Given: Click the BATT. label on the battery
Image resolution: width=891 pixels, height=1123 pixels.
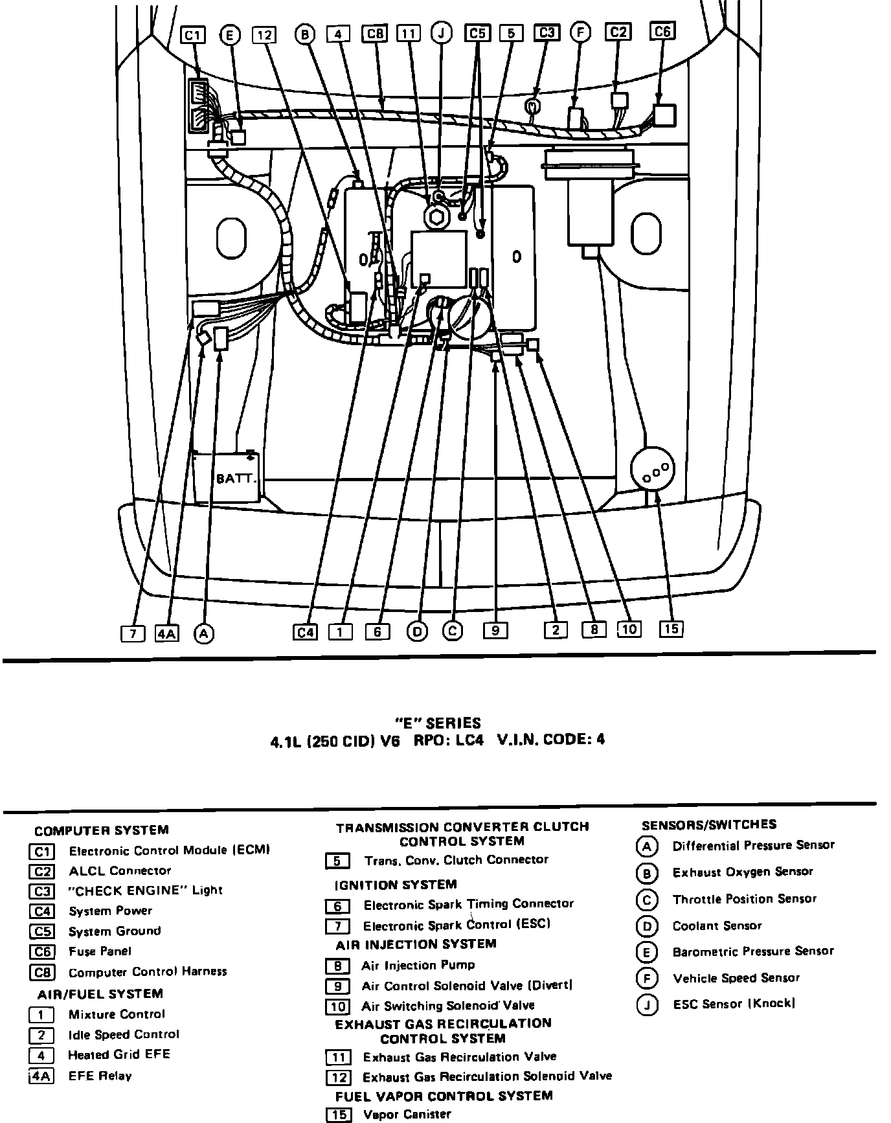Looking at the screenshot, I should (x=236, y=479).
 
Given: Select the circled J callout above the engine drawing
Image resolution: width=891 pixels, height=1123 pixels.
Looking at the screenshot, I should (x=442, y=33).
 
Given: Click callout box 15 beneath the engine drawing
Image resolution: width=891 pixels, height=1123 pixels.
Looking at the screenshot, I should (x=671, y=628).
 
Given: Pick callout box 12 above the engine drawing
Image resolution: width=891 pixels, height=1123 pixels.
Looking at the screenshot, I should (x=264, y=34).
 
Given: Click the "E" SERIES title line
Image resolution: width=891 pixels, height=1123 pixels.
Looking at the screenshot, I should (x=438, y=723).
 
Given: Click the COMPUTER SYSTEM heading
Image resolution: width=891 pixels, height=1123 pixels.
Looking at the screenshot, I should (x=102, y=830).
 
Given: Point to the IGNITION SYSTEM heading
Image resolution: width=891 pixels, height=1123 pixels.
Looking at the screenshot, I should (x=396, y=885).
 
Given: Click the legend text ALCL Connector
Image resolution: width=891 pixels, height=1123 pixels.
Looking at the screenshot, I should (x=120, y=870).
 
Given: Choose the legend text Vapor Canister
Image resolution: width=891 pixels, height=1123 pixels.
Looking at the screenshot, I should (x=407, y=1114).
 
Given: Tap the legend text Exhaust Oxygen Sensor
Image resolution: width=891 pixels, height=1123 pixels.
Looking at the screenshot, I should (x=743, y=872).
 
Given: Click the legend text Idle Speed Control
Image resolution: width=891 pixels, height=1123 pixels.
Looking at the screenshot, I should (x=124, y=1034).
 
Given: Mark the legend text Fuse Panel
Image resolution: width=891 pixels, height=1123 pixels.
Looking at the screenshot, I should (x=100, y=951).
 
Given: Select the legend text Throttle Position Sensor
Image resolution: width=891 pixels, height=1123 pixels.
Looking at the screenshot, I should (x=745, y=899).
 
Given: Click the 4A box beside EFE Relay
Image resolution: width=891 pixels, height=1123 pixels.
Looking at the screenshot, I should (x=42, y=1076).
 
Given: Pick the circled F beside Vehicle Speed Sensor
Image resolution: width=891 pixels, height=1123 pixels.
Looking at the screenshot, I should (x=647, y=978).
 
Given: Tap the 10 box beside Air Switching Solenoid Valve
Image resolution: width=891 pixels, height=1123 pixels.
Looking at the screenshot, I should (x=337, y=1006).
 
